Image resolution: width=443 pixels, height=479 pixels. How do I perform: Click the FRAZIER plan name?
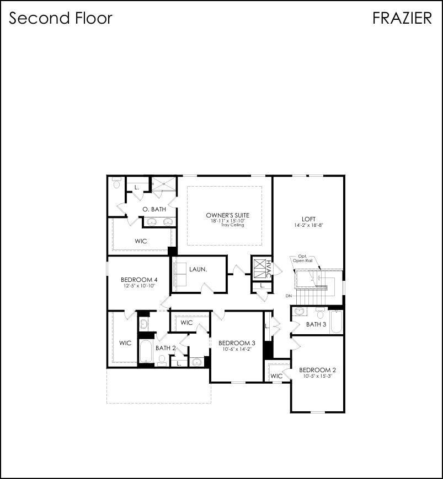[x=402, y=18]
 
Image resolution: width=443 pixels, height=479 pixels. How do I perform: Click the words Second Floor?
[x=61, y=18]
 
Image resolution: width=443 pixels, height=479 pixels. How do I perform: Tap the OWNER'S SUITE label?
[x=227, y=215]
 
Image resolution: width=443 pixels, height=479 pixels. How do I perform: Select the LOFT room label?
[x=308, y=219]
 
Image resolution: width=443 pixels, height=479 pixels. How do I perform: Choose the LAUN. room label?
[x=198, y=269]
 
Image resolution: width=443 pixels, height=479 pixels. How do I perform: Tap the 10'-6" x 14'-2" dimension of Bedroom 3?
[x=237, y=349]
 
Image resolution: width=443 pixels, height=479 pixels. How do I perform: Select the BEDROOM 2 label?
[x=317, y=369]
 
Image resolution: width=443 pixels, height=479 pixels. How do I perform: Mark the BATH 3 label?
[x=316, y=324]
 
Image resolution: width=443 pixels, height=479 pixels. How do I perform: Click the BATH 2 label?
[x=166, y=348]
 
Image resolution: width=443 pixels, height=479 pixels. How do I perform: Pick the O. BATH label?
[x=154, y=209]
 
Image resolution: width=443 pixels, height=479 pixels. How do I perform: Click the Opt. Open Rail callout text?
[x=302, y=259]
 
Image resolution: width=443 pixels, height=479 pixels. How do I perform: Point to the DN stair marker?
[x=289, y=296]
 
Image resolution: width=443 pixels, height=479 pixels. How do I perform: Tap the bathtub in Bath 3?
[x=336, y=322]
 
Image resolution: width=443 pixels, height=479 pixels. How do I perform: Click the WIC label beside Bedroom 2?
[x=276, y=376]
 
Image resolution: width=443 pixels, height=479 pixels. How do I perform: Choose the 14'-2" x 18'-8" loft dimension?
[x=308, y=225]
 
